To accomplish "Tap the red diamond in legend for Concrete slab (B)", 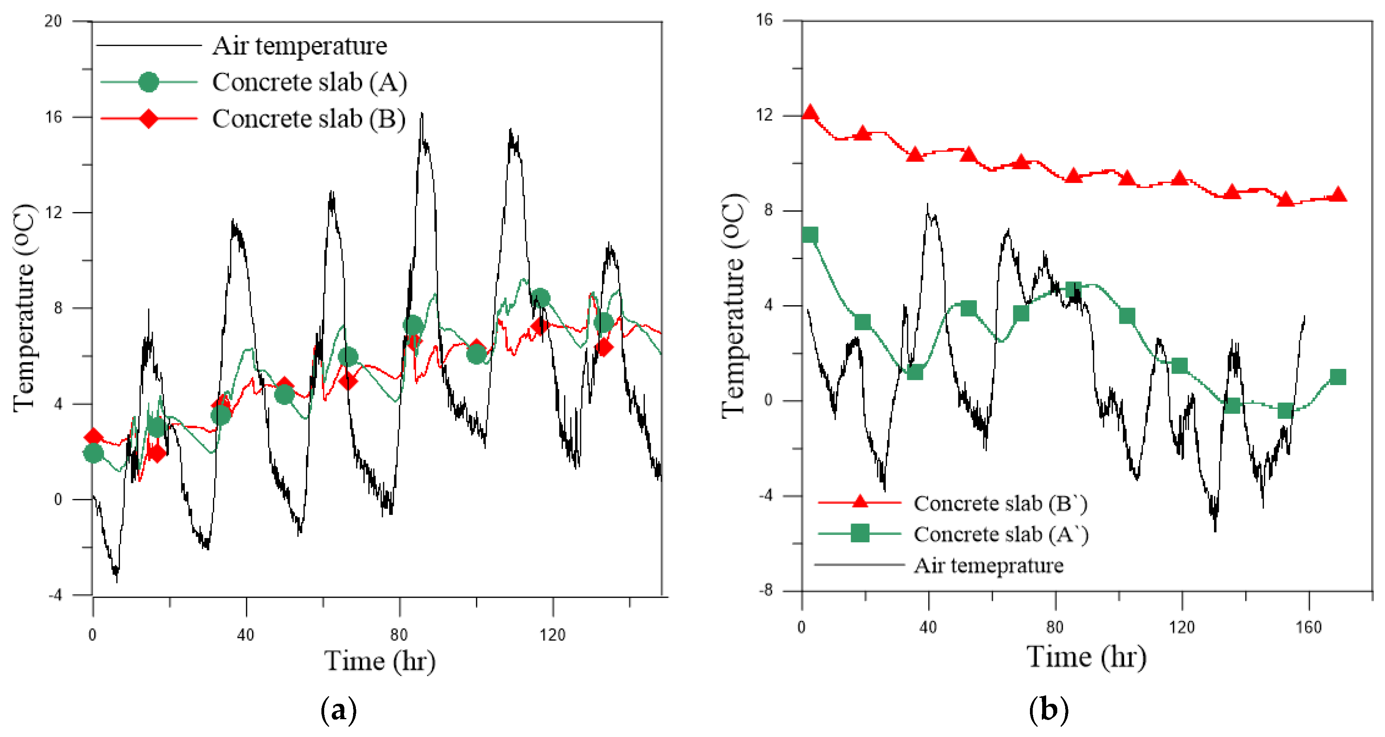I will click(148, 118).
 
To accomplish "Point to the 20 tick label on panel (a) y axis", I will click(53, 21).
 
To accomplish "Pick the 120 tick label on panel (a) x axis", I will click(552, 635).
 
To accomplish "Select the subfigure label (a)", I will click(338, 710).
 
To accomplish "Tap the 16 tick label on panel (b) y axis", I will click(764, 21).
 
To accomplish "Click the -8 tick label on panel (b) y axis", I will click(766, 590).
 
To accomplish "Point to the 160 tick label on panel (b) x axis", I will click(1308, 627).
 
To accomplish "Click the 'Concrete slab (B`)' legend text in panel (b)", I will click(1000, 504).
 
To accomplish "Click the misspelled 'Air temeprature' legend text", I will click(988, 566).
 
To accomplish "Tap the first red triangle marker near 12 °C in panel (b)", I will click(810, 113).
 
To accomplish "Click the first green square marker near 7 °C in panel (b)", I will click(810, 235).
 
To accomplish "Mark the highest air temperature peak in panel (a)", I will click(422, 114).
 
